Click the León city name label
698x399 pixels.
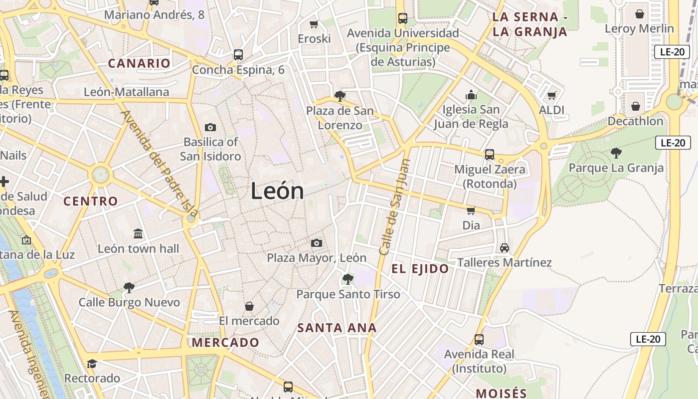277,191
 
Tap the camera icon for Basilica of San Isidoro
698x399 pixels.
210,128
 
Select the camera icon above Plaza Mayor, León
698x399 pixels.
316,243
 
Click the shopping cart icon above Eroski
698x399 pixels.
314,24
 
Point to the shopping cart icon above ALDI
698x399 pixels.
551,95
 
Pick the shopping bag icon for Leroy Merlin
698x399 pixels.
639,14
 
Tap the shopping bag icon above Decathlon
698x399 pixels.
635,106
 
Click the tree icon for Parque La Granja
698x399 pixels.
616,153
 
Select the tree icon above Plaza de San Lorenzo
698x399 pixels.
340,96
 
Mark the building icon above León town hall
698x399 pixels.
138,233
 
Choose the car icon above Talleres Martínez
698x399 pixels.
504,248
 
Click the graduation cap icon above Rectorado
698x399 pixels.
92,364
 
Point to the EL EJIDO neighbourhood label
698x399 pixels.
420,269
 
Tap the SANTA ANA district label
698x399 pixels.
337,328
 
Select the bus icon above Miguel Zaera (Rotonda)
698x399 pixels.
490,155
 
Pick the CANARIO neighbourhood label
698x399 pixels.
140,63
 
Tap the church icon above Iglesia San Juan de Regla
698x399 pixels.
471,95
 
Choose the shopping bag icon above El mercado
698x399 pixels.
249,306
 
